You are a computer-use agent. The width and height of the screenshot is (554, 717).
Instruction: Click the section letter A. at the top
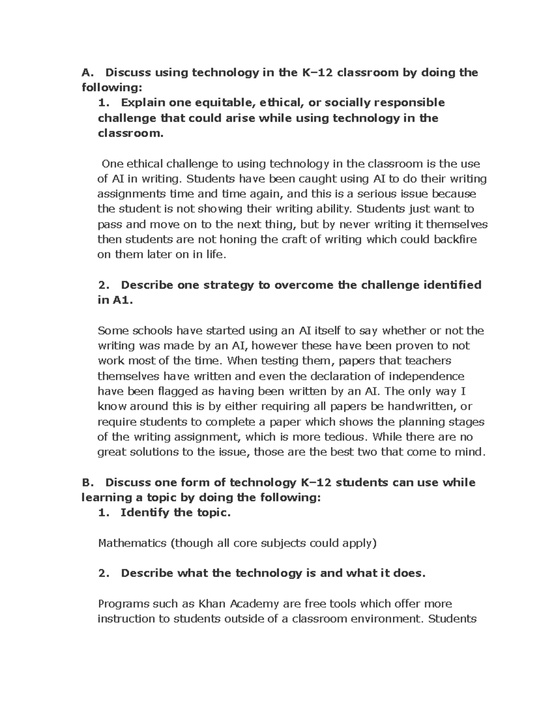coord(87,72)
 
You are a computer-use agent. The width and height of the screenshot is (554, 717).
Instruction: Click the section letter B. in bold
coord(87,482)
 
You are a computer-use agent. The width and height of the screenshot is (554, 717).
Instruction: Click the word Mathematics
coord(132,543)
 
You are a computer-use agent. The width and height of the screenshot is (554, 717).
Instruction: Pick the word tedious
coord(344,437)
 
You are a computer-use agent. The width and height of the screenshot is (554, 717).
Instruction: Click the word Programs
coord(121,603)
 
